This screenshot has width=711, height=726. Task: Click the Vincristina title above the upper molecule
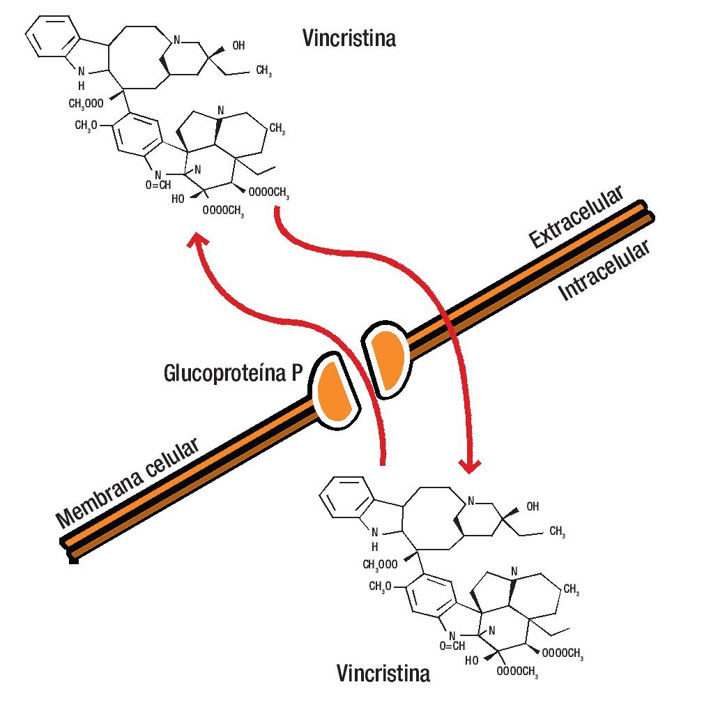click(x=349, y=38)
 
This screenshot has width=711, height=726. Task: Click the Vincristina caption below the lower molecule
click(x=383, y=674)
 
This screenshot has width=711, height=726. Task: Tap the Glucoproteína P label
click(x=233, y=373)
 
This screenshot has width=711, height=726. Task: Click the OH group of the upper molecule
click(x=238, y=46)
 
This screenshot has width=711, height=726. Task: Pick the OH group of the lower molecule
click(x=533, y=506)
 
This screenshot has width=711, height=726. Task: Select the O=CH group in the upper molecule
click(x=158, y=185)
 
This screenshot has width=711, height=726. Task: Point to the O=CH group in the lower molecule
click(x=452, y=646)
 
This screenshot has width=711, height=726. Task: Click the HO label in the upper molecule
click(x=178, y=198)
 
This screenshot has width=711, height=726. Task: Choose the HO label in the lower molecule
click(x=472, y=659)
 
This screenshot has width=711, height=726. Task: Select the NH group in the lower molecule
click(x=374, y=538)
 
